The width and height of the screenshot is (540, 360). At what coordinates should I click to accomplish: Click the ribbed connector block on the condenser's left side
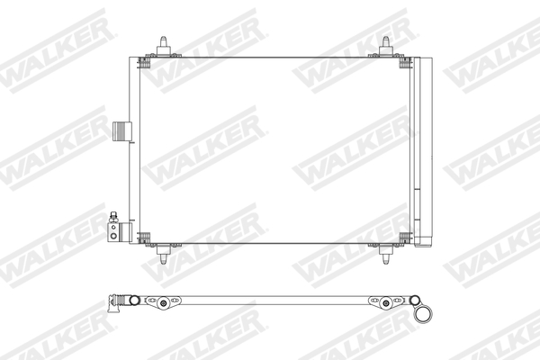coord(121,131)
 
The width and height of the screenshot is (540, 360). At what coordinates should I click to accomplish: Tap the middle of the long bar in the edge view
coord(270,300)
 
